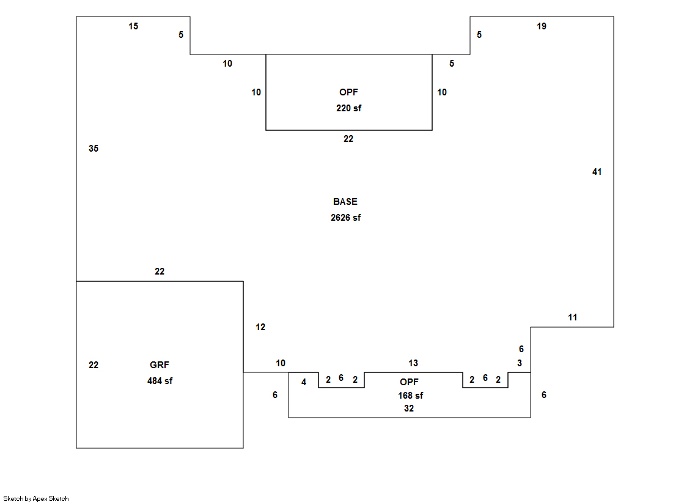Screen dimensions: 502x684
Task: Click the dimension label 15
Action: click(x=133, y=26)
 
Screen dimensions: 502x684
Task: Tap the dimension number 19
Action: click(x=542, y=26)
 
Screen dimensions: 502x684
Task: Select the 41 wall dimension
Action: click(x=597, y=172)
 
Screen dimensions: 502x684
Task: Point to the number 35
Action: click(x=94, y=149)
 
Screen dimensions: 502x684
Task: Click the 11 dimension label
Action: click(x=572, y=317)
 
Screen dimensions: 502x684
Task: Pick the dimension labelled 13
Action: click(x=413, y=363)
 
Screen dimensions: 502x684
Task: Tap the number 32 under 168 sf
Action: click(x=409, y=408)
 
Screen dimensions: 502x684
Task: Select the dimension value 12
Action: click(x=260, y=327)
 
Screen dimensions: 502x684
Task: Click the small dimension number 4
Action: click(x=304, y=382)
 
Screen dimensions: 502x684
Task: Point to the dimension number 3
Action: click(x=520, y=363)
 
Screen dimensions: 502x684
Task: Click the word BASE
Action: click(x=345, y=202)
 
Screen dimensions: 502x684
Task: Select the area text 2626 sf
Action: click(x=345, y=218)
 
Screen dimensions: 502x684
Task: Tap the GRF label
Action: click(x=160, y=365)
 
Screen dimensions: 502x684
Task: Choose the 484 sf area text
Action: click(x=160, y=381)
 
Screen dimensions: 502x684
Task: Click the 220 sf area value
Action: click(x=348, y=108)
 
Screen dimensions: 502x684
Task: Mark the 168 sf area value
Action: click(x=410, y=396)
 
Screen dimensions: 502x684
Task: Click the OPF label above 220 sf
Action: click(x=348, y=92)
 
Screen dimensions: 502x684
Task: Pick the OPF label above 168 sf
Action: click(x=410, y=382)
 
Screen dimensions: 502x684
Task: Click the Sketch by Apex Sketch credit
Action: click(x=36, y=498)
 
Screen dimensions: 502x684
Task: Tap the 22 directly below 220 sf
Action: click(x=348, y=139)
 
